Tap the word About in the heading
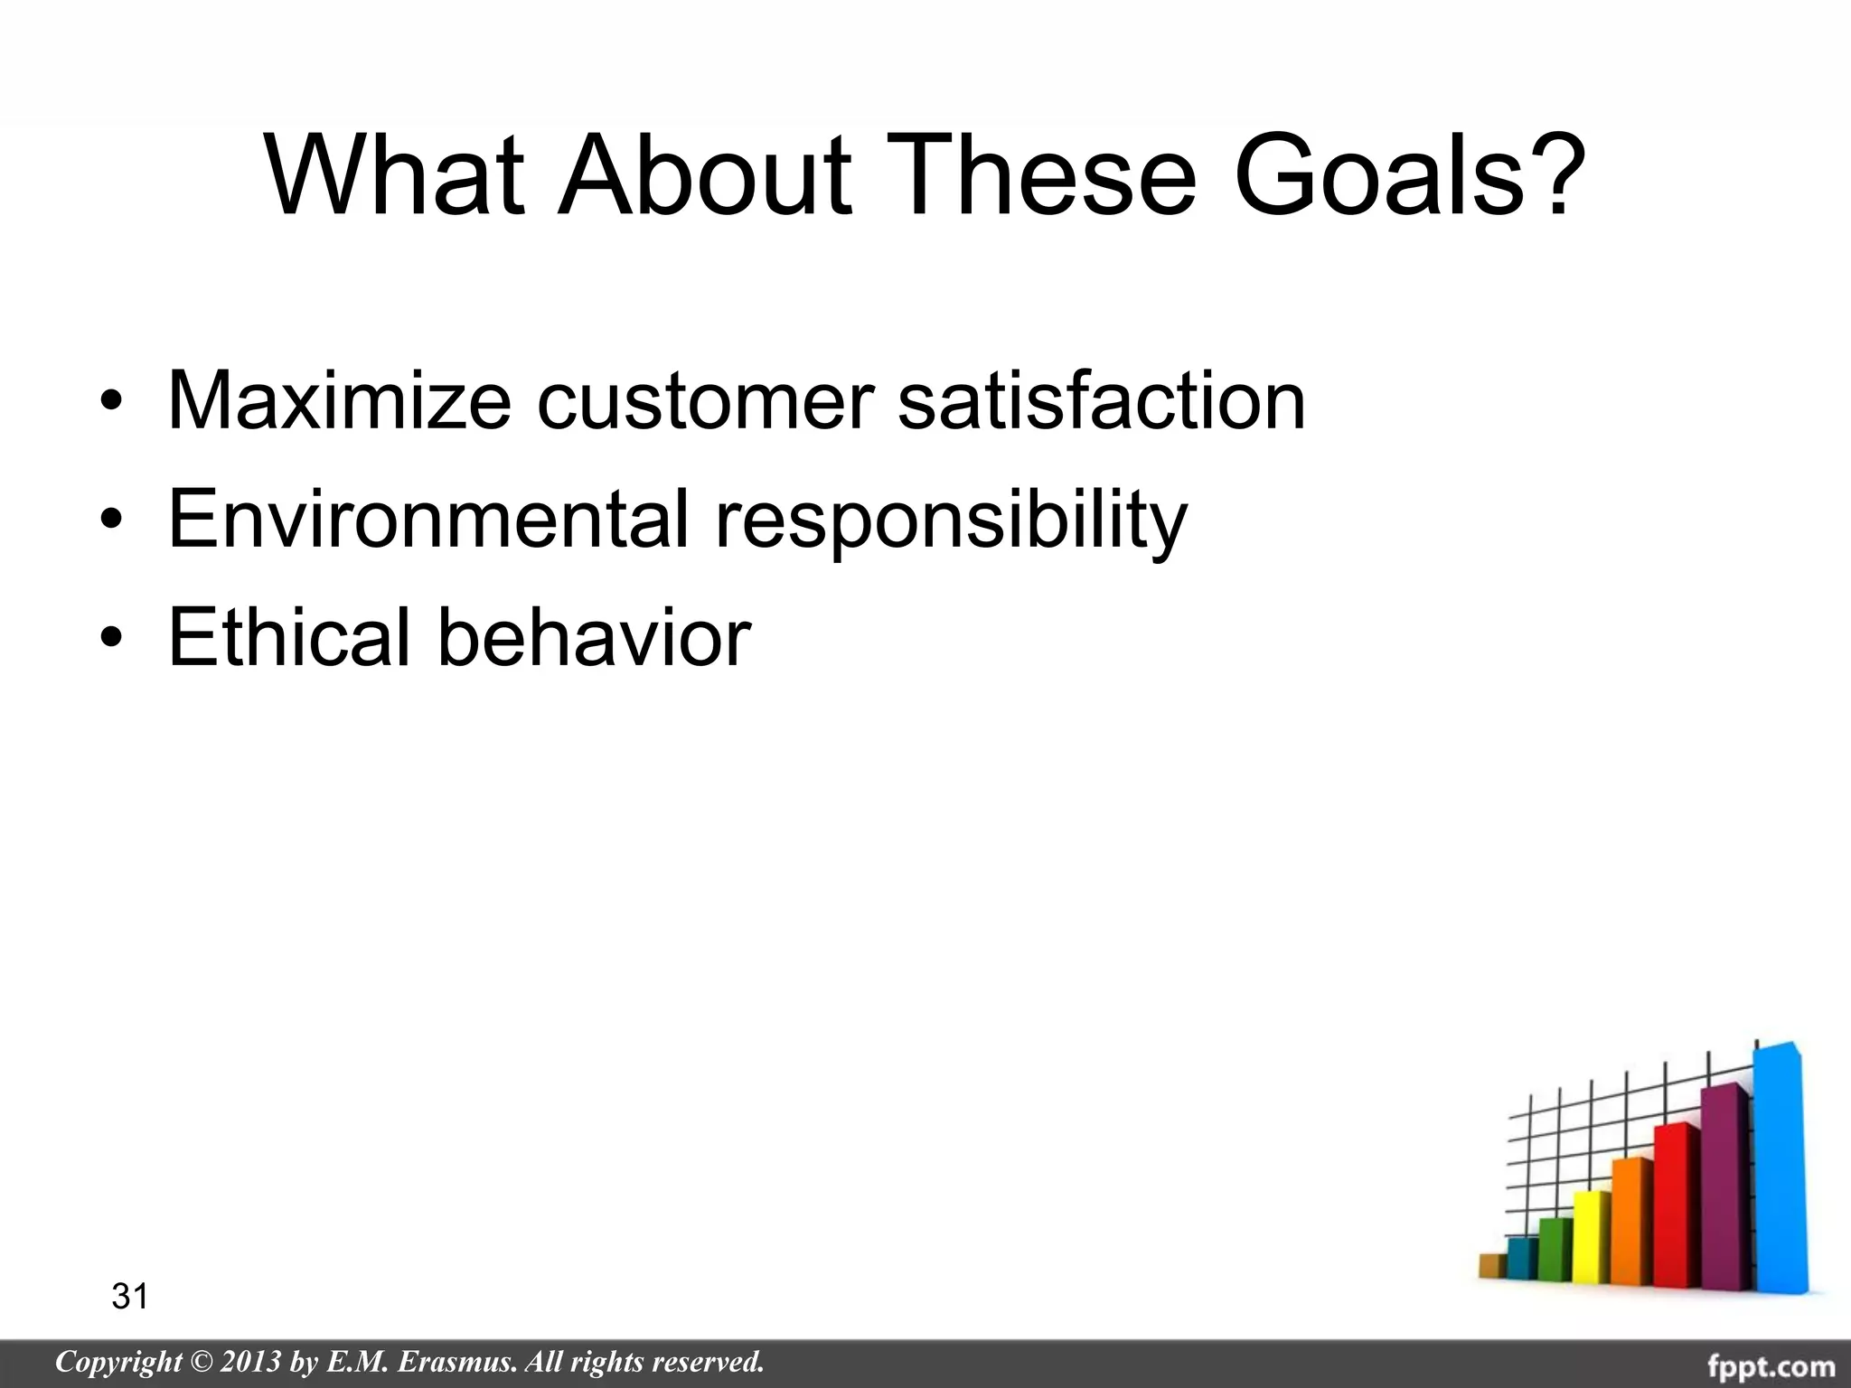(x=704, y=176)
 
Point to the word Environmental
(x=428, y=520)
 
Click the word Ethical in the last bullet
(x=289, y=637)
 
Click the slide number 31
(x=129, y=1297)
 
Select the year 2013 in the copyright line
(x=249, y=1362)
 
